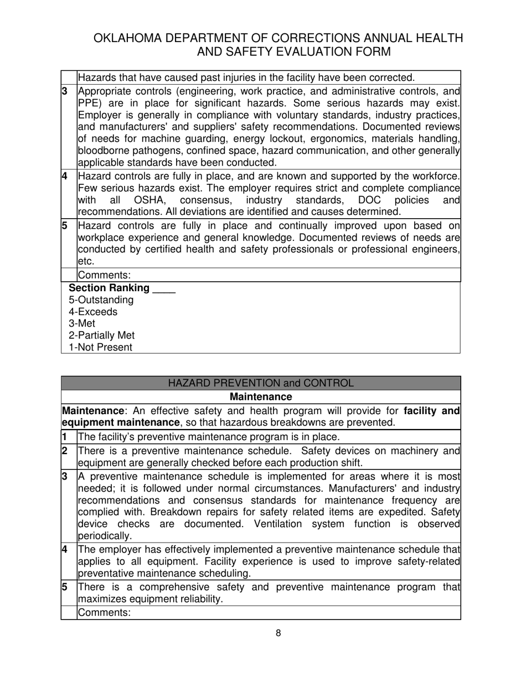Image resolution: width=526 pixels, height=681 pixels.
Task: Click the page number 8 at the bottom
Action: pyautogui.click(x=278, y=633)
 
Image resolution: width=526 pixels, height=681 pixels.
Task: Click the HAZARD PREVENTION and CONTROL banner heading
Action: pyautogui.click(x=260, y=383)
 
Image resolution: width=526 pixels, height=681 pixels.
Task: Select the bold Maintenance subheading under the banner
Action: pyautogui.click(x=260, y=397)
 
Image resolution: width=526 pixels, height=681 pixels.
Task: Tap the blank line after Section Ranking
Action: pyautogui.click(x=164, y=288)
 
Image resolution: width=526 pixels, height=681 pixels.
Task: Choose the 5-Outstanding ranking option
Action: pyautogui.click(x=101, y=300)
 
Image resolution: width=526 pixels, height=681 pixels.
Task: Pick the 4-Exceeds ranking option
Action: pyautogui.click(x=93, y=312)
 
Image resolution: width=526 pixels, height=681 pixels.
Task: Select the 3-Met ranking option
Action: pyautogui.click(x=82, y=323)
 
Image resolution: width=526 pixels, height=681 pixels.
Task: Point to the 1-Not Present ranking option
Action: pyautogui.click(x=100, y=348)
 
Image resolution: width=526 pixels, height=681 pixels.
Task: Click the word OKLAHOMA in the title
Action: pyautogui.click(x=128, y=38)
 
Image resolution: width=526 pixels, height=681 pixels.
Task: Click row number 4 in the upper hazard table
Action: pyautogui.click(x=65, y=176)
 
